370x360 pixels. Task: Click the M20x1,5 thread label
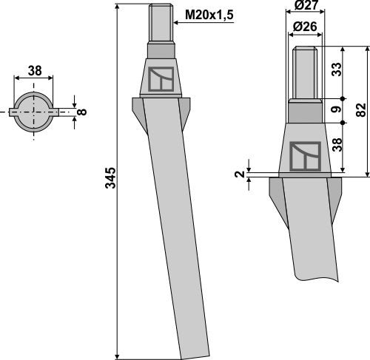click(209, 15)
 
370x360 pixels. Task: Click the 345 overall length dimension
click(110, 178)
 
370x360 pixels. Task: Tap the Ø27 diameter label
click(306, 5)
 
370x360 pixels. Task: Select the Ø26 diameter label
click(305, 27)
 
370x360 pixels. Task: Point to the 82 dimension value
click(361, 110)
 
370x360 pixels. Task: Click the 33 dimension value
click(337, 69)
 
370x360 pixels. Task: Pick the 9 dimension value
click(336, 109)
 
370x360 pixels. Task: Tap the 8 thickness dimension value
click(82, 112)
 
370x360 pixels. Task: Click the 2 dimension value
click(240, 174)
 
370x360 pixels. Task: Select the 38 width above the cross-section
click(35, 71)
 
